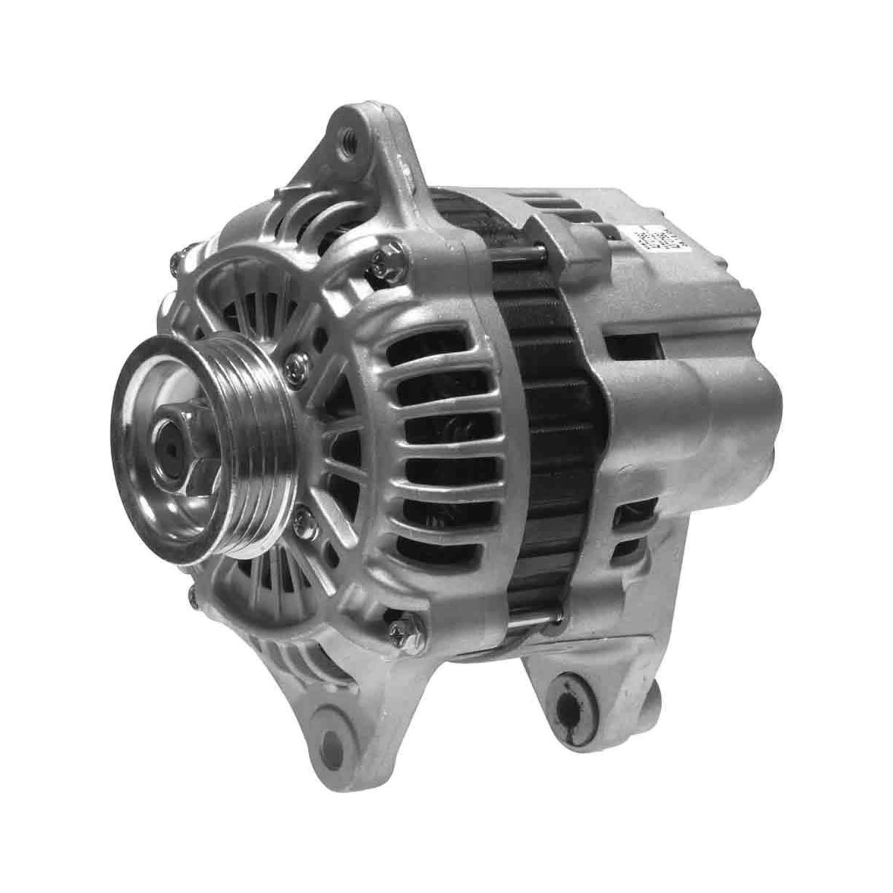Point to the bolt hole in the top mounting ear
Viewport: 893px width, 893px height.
point(347,140)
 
